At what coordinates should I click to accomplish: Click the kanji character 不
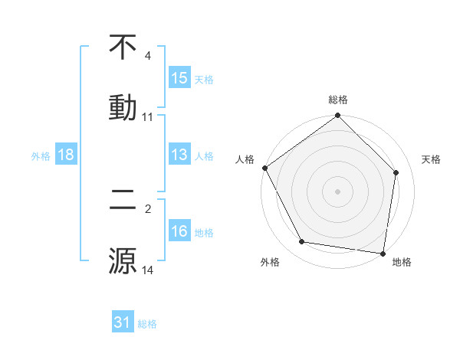tap(123, 47)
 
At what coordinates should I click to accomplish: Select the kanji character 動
tap(123, 106)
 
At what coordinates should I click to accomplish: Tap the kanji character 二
tap(123, 201)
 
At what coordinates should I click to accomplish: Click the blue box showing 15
tap(179, 77)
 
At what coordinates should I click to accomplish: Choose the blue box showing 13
tap(179, 155)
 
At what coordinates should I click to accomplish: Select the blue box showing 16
tap(179, 231)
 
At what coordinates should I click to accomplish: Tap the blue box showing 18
tap(66, 155)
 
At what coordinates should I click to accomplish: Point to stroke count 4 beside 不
tap(148, 56)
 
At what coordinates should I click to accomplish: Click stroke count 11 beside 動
tap(148, 117)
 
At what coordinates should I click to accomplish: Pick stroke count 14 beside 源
tap(148, 270)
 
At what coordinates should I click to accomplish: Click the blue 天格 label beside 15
tap(203, 79)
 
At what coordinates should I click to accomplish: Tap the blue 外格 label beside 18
tap(41, 155)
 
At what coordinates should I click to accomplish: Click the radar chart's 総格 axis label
tap(338, 100)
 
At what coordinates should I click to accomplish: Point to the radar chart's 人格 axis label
tap(245, 159)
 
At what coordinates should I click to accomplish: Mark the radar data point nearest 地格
tap(383, 253)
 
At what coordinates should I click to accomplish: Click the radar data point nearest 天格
tap(396, 172)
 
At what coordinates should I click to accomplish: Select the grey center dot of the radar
tap(338, 191)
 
